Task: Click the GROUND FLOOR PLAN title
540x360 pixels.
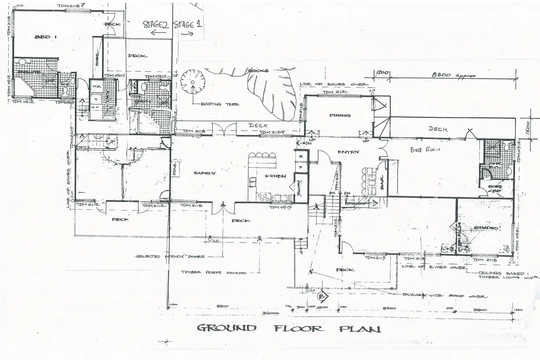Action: coord(289,328)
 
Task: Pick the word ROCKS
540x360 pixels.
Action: coord(259,70)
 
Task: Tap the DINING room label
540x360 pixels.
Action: coord(340,115)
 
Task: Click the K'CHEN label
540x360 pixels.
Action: coord(276,176)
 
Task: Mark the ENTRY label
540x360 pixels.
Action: coord(348,152)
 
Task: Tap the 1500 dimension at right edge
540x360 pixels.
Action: coord(532,127)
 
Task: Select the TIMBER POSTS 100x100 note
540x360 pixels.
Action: coord(214,273)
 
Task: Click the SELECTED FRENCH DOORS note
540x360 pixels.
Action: coord(170,257)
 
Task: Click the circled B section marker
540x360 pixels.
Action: coord(323,296)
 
